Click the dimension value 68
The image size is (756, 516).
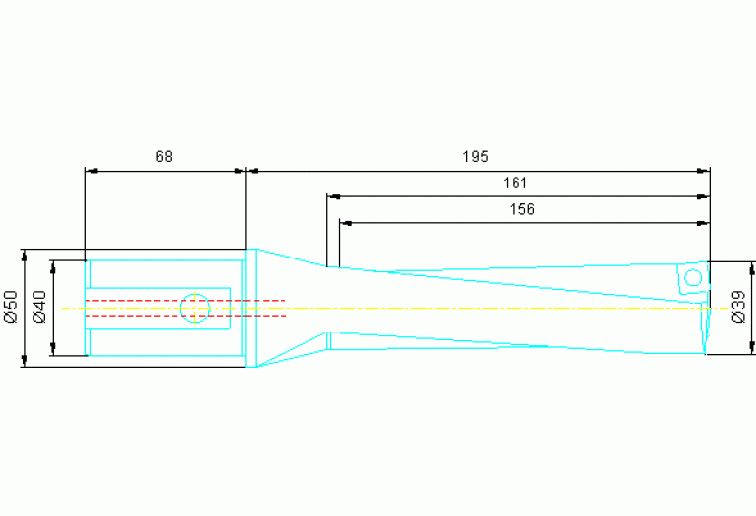tap(164, 157)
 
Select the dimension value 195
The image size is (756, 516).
tap(475, 157)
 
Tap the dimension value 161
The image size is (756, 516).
tap(515, 183)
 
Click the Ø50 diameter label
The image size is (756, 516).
tap(11, 307)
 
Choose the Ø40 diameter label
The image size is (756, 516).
tap(39, 307)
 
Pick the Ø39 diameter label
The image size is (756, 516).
tap(738, 307)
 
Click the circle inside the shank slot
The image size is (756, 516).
tap(195, 308)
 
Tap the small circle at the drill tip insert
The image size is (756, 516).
tap(692, 279)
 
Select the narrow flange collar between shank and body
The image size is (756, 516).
tap(251, 308)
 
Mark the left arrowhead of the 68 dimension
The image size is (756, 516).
tap(92, 171)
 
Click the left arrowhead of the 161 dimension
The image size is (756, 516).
tap(332, 196)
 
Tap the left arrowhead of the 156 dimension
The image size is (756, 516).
tap(345, 222)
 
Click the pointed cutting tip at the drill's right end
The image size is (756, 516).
tap(706, 351)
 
